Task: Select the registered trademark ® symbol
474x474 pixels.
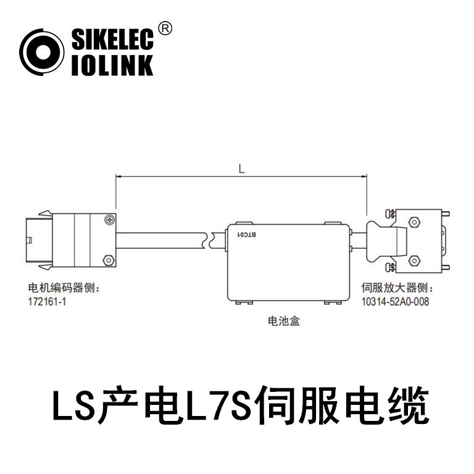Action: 165,28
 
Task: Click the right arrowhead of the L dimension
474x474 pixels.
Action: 364,177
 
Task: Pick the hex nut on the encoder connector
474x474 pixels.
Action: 108,260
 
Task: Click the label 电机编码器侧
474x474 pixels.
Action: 64,289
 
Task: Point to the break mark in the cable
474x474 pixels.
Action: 210,239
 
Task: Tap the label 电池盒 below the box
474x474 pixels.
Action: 283,321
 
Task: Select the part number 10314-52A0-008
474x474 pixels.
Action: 394,301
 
